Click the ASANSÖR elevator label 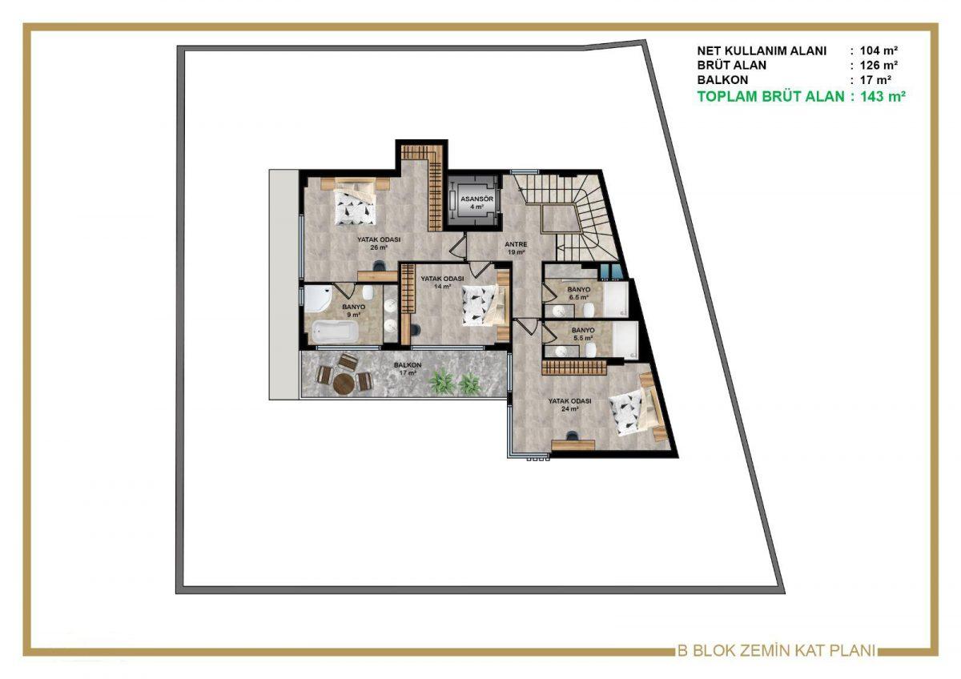[x=476, y=203]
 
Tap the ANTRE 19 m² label [x=516, y=248]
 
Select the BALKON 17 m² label [x=408, y=369]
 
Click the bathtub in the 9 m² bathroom [x=335, y=331]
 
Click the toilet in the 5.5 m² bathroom [x=591, y=350]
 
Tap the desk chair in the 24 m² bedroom [x=571, y=436]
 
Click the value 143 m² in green [x=883, y=97]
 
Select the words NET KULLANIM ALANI [x=762, y=50]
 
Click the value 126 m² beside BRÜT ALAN [x=879, y=65]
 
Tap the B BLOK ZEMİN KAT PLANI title [x=776, y=650]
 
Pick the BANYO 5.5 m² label [x=583, y=334]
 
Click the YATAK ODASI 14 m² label [x=442, y=282]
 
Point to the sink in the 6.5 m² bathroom [x=559, y=311]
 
